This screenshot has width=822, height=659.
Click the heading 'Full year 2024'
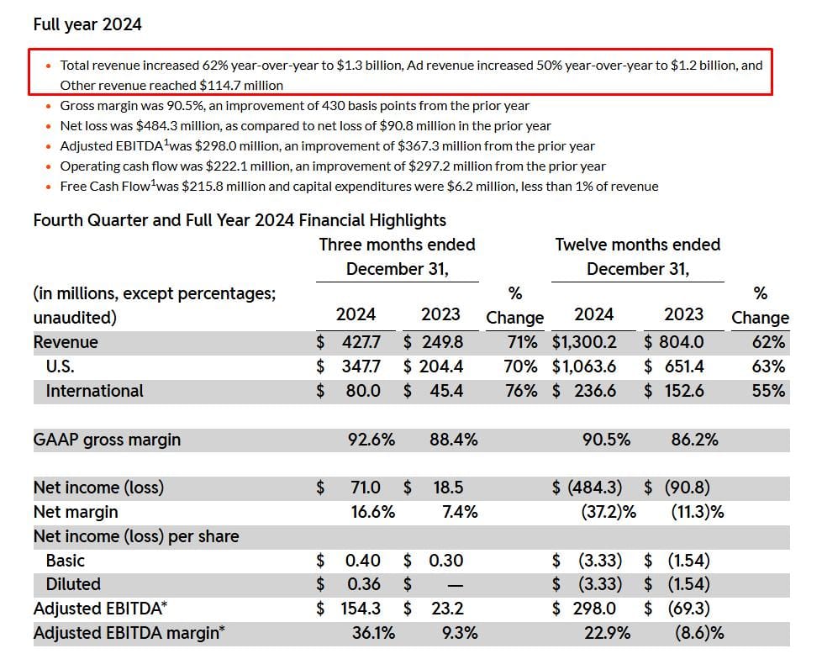click(87, 24)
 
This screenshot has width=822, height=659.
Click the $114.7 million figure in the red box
click(241, 85)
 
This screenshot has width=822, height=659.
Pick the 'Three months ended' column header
click(397, 245)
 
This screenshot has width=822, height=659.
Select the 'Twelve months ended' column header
click(637, 245)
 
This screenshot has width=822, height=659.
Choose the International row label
click(94, 391)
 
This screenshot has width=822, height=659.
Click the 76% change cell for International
click(521, 391)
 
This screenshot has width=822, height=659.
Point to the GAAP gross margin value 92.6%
click(371, 440)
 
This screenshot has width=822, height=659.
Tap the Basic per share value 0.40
click(362, 561)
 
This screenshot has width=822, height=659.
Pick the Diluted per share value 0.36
click(362, 584)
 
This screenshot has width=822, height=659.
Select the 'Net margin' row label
click(76, 512)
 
